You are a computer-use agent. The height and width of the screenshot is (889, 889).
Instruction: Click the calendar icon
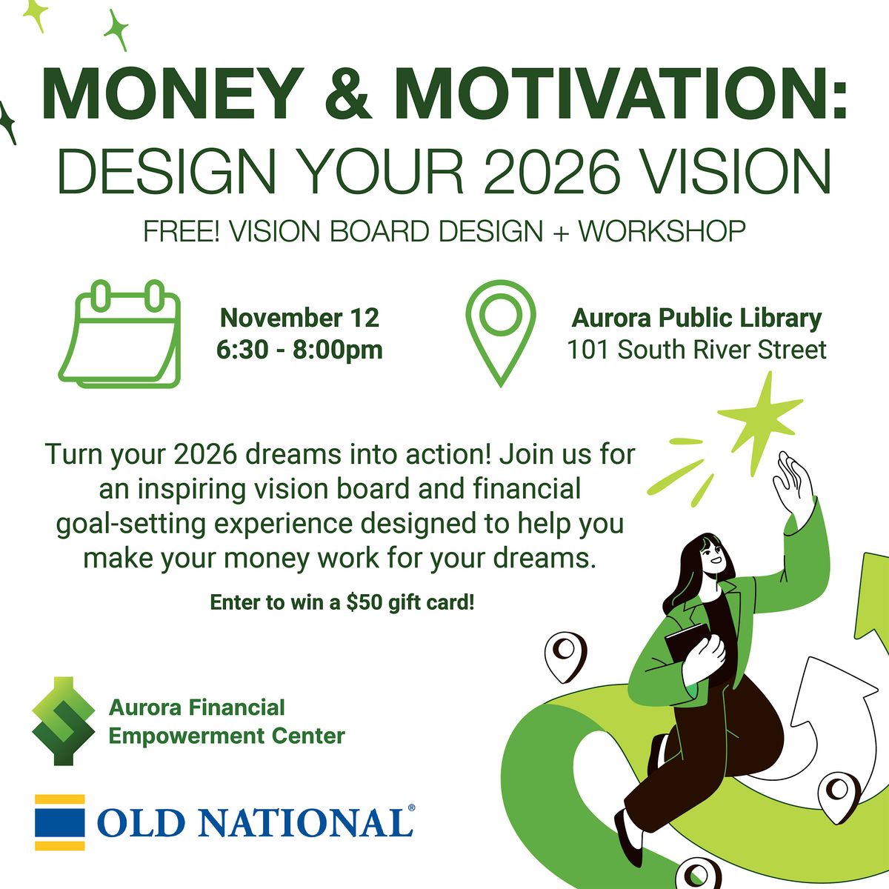(120, 334)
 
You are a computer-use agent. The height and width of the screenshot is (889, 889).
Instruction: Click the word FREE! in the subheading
(181, 232)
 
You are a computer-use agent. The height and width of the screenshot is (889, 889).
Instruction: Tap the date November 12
(299, 318)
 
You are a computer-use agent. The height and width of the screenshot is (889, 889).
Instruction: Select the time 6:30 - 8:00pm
(299, 350)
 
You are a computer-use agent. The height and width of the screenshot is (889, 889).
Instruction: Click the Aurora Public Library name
(696, 318)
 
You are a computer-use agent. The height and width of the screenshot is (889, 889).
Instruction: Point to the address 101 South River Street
(696, 350)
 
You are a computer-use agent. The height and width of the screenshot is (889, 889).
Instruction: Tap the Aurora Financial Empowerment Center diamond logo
(64, 721)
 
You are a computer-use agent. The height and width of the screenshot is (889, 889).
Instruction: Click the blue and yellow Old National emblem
(60, 822)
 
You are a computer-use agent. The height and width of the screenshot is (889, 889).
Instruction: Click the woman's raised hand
(793, 482)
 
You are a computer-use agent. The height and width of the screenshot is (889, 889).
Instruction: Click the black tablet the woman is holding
(685, 645)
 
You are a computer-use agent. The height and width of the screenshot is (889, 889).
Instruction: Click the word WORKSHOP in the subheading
(662, 232)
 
